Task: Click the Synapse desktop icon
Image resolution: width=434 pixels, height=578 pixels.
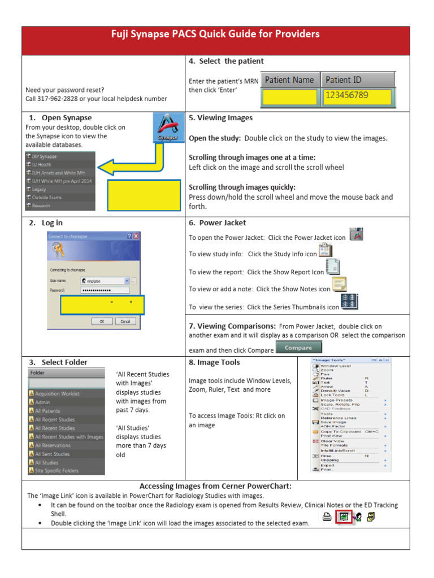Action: (x=168, y=128)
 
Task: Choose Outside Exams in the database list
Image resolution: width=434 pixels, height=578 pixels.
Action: (x=48, y=198)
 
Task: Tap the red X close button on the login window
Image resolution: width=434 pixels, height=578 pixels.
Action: (x=136, y=236)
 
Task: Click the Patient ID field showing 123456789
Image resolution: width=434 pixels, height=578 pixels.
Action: (x=358, y=97)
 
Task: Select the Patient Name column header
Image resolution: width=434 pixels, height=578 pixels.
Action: (x=289, y=80)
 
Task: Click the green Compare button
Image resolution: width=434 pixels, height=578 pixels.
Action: (x=298, y=348)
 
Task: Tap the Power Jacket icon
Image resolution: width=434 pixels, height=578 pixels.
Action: (x=356, y=234)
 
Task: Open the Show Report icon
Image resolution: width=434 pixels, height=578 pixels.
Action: (x=333, y=267)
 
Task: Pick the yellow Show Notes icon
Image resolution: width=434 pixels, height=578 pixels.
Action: (x=340, y=284)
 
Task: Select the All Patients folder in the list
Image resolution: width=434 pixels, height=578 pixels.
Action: (x=47, y=411)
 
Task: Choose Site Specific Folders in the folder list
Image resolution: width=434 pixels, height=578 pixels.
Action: (x=57, y=471)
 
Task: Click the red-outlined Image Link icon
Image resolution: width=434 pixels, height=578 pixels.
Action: (x=343, y=516)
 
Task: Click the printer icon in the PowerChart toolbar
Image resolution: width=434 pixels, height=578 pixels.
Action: (x=327, y=516)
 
